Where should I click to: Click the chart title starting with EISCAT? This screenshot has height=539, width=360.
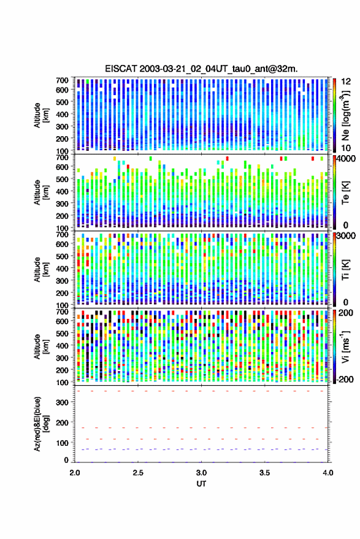(x=201, y=69)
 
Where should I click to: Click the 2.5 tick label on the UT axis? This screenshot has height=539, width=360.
(x=138, y=473)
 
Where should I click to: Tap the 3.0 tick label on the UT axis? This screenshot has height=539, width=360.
(x=201, y=473)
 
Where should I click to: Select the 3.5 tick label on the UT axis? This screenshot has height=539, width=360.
(x=264, y=473)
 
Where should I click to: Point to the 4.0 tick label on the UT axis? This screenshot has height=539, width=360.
(x=327, y=473)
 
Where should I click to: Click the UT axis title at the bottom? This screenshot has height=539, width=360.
(x=201, y=484)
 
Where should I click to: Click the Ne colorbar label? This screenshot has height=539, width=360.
(x=345, y=115)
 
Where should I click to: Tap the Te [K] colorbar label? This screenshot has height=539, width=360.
(x=345, y=193)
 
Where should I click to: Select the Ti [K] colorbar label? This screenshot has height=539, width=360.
(x=345, y=270)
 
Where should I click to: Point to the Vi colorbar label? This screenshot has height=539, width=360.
(x=345, y=346)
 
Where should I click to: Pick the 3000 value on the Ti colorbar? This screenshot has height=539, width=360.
(x=347, y=236)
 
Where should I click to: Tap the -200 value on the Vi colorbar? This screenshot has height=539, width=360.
(x=344, y=380)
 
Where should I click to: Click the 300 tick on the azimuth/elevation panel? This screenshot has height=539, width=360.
(x=62, y=402)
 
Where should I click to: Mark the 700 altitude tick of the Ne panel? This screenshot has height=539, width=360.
(x=62, y=80)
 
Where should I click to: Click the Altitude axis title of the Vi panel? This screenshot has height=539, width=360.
(x=40, y=346)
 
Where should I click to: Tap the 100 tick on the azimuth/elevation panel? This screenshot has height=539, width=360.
(x=62, y=443)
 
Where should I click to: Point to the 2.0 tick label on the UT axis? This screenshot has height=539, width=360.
(x=75, y=473)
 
